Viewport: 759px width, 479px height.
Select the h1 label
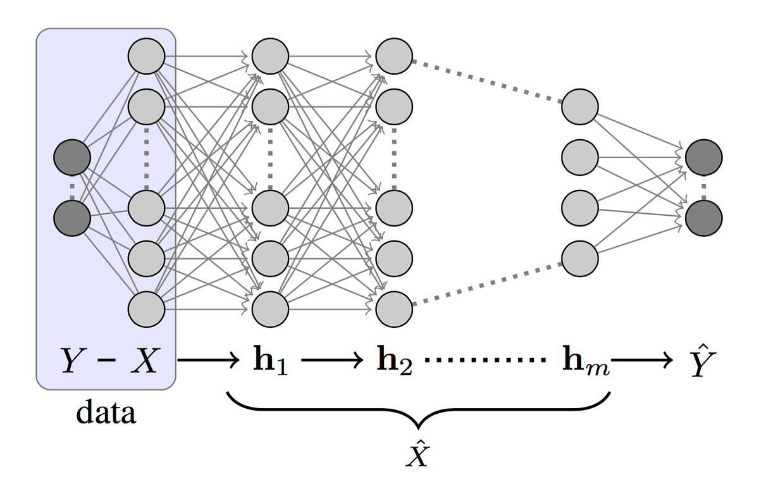pos(270,362)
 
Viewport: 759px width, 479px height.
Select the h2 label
pos(394,362)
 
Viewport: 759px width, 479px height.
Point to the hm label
pos(585,362)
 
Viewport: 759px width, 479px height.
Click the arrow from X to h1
pos(209,362)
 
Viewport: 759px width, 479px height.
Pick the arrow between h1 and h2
pos(333,362)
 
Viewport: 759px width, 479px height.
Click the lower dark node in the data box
pos(71,218)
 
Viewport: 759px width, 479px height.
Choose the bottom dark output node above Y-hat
pos(703,218)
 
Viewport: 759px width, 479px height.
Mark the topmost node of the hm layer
pos(579,106)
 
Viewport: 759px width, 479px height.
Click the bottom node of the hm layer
pos(579,259)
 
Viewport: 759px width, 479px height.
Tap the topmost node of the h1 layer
pos(270,57)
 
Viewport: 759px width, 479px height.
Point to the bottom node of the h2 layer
pos(394,309)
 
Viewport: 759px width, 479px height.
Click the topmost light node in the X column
pos(146,57)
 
